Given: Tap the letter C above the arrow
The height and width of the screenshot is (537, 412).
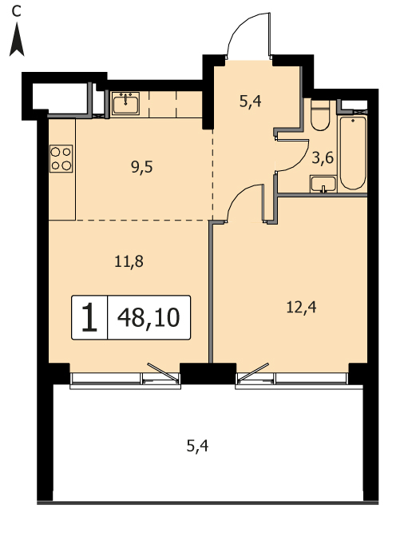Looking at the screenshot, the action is click(16, 11).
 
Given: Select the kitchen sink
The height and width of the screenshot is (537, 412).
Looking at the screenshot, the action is click(125, 103).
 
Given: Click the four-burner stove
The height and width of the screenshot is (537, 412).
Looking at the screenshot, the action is click(61, 158).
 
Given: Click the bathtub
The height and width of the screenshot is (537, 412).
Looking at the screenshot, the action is click(352, 153).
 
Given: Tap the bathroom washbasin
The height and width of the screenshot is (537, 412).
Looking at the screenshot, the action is click(323, 184).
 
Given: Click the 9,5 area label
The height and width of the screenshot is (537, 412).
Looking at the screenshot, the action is click(142, 168).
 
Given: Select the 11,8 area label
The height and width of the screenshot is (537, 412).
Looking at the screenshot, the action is click(129, 262).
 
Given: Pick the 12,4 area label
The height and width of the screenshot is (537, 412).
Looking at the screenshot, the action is click(301, 308).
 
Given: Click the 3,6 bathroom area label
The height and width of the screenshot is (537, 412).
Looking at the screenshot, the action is click(323, 158).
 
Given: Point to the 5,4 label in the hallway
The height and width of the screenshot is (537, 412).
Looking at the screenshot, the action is click(251, 101).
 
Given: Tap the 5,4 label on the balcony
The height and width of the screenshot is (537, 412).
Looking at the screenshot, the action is click(197, 446).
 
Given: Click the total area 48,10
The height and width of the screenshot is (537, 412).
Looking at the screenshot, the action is click(149, 318).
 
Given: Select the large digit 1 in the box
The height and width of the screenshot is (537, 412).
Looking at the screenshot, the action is click(89, 318).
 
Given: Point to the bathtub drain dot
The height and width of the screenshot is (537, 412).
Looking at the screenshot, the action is click(353, 121).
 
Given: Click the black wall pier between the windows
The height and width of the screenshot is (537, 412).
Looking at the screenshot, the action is click(208, 373).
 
